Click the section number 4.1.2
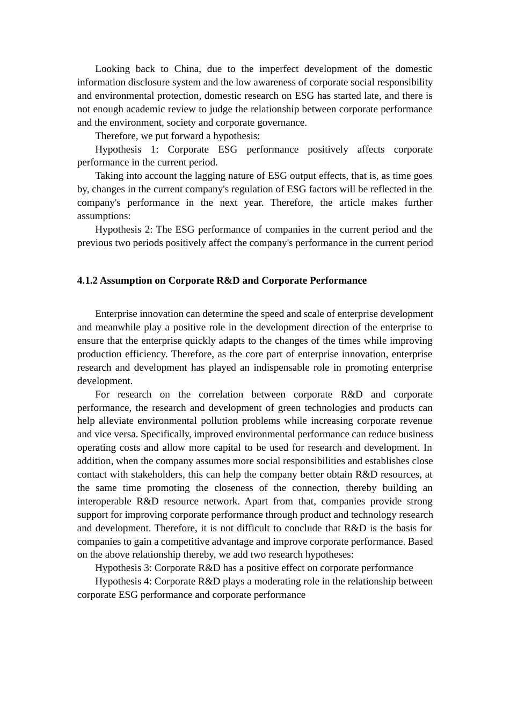[x=88, y=280]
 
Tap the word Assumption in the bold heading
[x=126, y=280]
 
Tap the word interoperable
[x=104, y=501]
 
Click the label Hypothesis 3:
[x=124, y=568]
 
